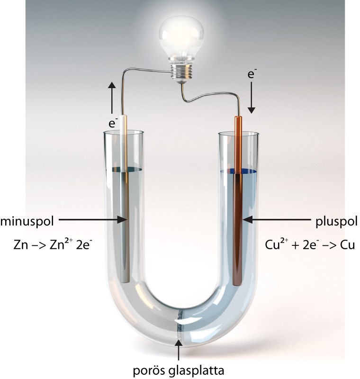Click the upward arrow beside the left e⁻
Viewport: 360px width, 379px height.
(112, 97)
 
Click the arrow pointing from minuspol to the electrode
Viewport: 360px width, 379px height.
(92, 220)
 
